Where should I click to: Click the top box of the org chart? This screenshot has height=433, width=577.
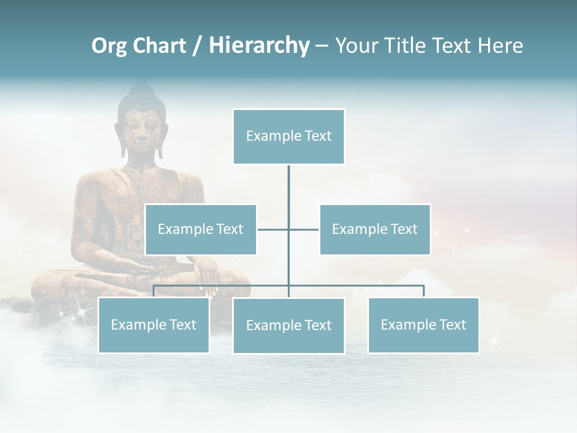[x=288, y=137]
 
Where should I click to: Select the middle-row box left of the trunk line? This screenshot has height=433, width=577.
[x=201, y=229]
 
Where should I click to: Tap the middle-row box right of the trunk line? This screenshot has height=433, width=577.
[x=374, y=229]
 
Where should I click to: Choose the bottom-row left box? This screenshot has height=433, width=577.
[x=153, y=325]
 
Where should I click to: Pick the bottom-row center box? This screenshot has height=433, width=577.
[x=288, y=325]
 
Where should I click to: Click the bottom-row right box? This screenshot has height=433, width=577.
[x=423, y=325]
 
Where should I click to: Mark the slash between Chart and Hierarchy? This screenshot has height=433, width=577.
[x=197, y=46]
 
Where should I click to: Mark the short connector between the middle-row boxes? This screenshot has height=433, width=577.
[x=288, y=229]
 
